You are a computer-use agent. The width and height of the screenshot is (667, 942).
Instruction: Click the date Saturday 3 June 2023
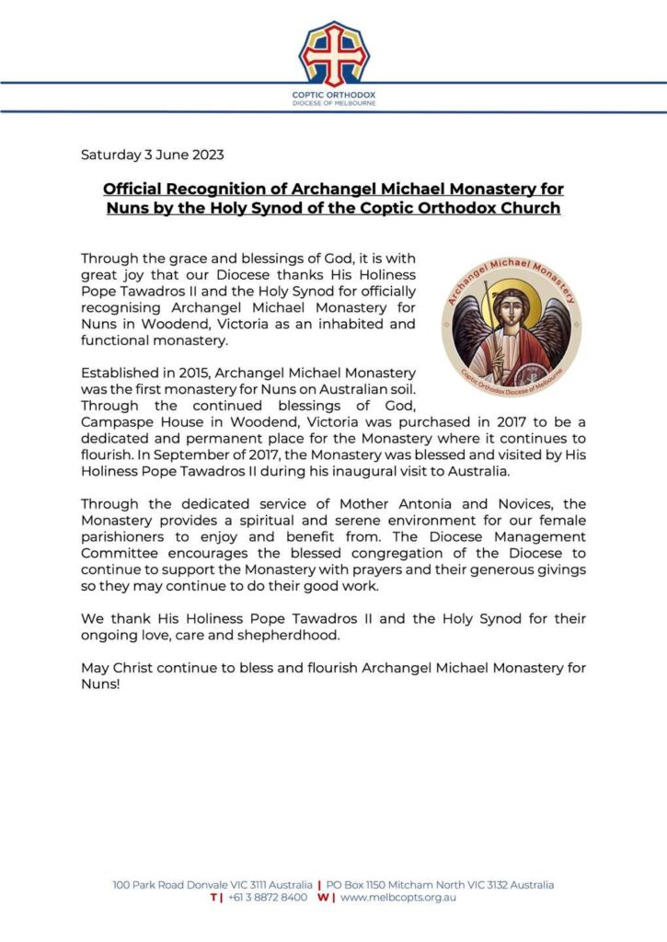pos(152,154)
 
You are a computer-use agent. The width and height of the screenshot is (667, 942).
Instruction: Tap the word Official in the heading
pos(135,189)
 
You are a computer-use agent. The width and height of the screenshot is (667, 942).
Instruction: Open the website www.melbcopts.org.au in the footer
pos(397,897)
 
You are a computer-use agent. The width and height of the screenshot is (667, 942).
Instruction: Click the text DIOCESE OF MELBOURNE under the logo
pos(333,103)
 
